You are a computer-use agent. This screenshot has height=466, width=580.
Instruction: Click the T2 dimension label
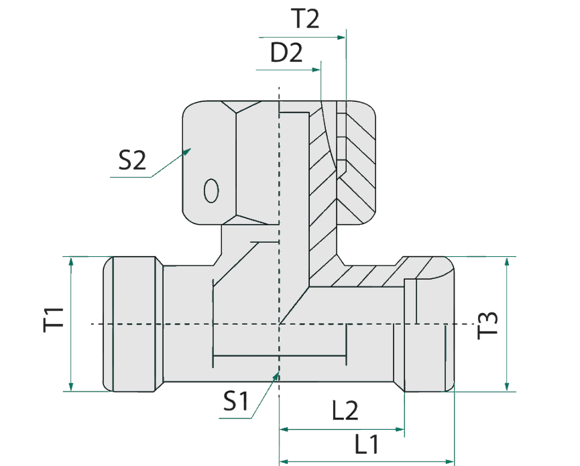click(x=305, y=19)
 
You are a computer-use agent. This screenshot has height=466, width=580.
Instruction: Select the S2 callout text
click(x=131, y=161)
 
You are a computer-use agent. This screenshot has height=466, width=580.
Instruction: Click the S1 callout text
click(x=235, y=402)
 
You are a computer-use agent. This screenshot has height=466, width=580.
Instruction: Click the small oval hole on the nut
click(x=211, y=190)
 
